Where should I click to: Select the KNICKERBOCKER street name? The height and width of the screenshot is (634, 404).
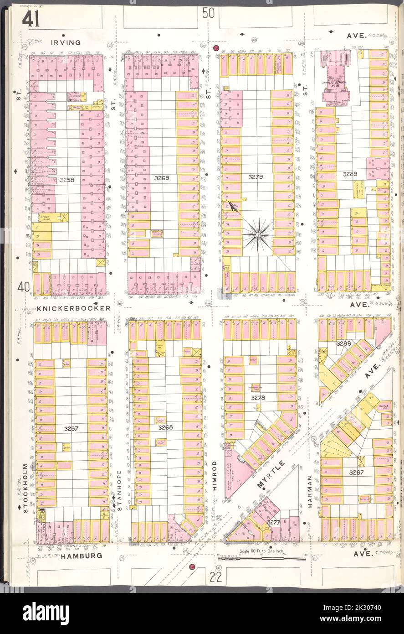tap(73, 308)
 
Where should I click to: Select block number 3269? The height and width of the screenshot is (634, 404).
tap(162, 178)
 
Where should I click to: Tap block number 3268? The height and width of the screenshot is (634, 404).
tap(165, 427)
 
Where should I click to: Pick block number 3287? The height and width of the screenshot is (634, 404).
tap(357, 473)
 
